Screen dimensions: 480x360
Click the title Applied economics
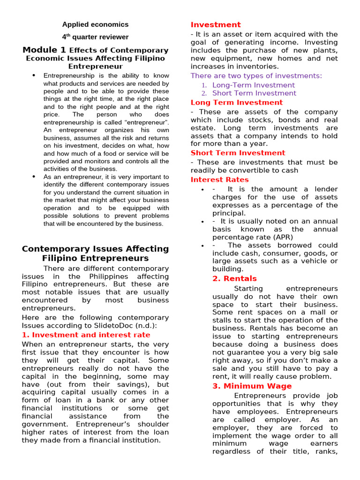point(95,24)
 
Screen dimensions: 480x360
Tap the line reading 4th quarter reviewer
point(95,37)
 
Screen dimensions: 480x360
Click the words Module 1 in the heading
point(44,50)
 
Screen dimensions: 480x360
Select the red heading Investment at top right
point(216,25)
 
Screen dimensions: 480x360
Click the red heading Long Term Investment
point(237,103)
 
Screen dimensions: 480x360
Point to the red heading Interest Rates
point(220,180)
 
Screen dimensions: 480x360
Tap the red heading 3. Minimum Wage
point(252,386)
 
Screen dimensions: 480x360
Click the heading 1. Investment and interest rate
point(86,335)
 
